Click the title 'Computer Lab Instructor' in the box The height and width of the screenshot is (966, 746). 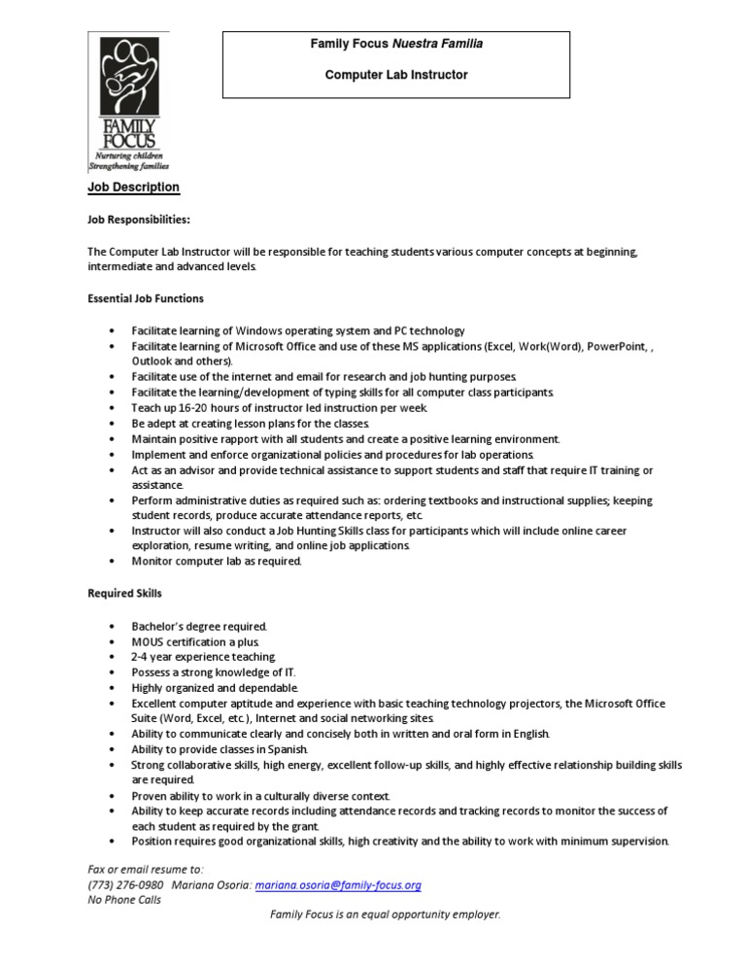[x=396, y=75]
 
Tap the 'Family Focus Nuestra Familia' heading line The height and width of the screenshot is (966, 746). [x=396, y=44]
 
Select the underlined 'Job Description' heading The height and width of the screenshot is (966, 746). [x=133, y=188]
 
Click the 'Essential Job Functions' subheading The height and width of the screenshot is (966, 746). [x=145, y=297]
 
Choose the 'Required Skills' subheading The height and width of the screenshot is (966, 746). [x=124, y=592]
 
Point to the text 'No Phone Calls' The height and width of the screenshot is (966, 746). [x=123, y=900]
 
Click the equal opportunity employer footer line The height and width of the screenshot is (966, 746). [x=386, y=915]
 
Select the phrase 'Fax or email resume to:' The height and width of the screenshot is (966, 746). [x=146, y=870]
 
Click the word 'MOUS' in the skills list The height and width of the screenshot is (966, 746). [x=149, y=641]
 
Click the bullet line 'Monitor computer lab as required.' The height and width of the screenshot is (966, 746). [x=217, y=561]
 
